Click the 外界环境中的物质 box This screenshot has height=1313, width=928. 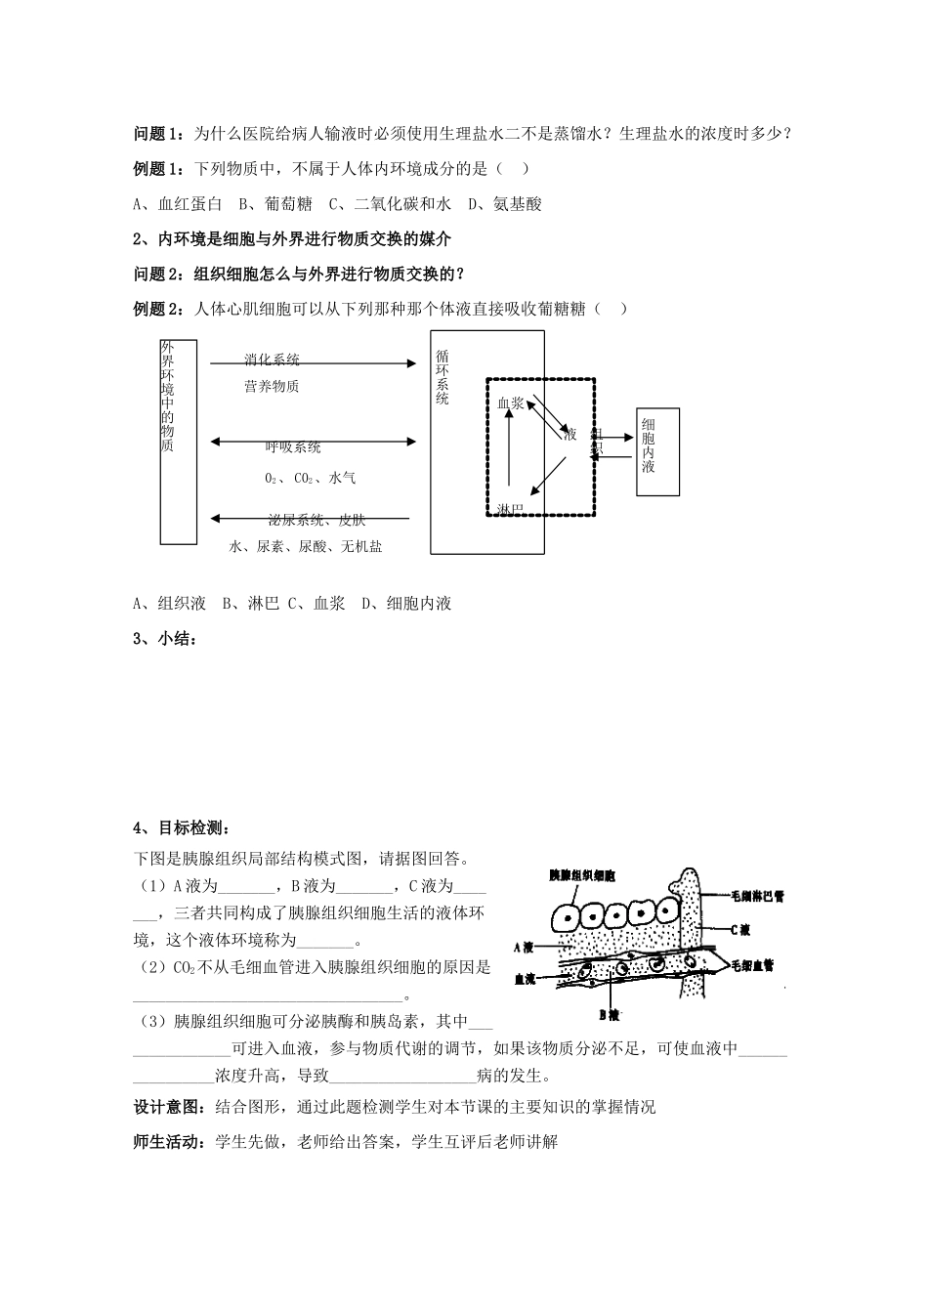178,442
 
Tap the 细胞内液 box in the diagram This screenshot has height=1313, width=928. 657,451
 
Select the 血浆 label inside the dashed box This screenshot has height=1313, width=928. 511,402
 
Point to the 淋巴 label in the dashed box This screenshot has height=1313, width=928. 511,509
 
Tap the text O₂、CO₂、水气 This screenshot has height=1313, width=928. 310,479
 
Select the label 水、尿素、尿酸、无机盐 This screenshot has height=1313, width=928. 306,547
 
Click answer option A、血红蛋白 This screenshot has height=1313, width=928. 178,204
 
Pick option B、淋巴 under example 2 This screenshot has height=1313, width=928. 250,604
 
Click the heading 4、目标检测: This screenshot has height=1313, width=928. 180,828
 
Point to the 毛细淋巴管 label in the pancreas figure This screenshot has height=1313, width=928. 757,896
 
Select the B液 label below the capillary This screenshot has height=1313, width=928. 610,1014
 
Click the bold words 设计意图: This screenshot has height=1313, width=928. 169,1107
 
